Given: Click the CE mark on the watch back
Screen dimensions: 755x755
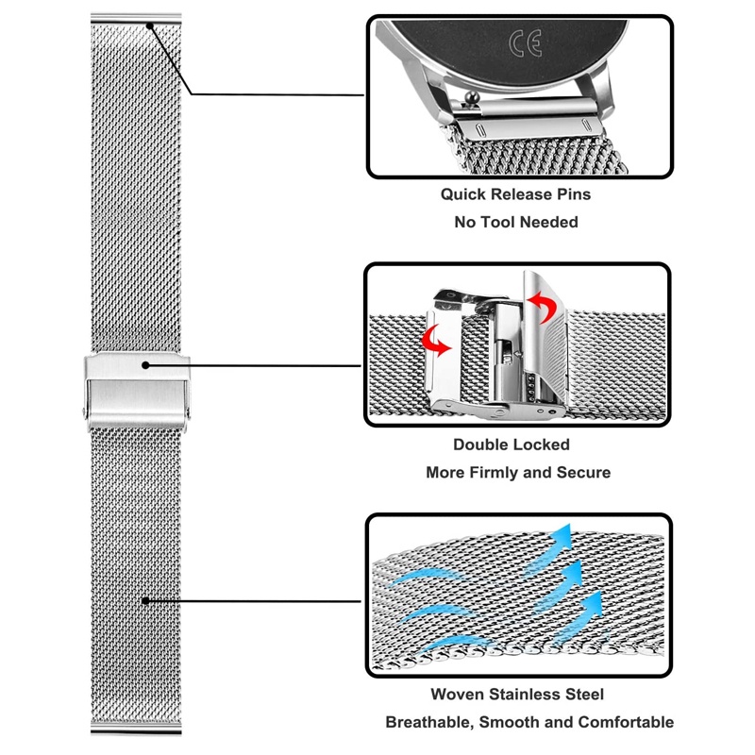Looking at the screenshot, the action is tap(526, 42).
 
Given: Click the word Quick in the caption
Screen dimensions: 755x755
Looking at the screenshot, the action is tap(463, 194).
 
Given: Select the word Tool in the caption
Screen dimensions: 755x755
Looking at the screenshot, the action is tap(497, 222).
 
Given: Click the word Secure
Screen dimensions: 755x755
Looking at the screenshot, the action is tap(583, 473).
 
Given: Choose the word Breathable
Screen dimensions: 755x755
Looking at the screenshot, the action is tap(429, 722).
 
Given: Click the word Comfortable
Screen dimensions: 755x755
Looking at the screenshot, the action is tap(626, 722).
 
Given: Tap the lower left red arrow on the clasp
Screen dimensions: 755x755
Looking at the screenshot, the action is tap(435, 340).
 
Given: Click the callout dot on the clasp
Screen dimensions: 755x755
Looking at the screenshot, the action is tap(145, 365).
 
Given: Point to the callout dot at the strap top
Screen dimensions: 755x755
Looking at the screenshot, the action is tap(150, 26).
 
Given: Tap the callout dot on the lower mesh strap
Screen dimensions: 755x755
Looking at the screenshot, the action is tap(145, 600).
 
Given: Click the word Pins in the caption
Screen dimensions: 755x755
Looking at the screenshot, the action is tap(574, 194).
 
